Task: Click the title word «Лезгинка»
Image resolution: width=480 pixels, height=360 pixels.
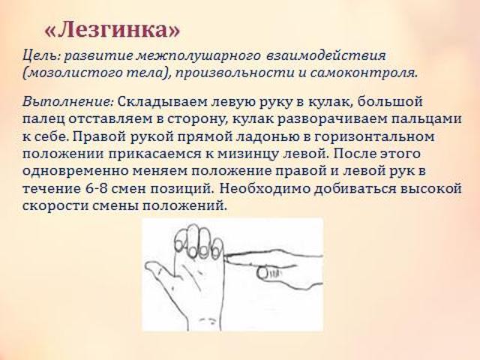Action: [112, 30]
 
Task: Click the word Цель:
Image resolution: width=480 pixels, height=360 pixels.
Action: [41, 56]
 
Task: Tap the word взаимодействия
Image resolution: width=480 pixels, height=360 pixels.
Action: [326, 55]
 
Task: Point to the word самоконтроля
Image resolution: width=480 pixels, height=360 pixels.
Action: [364, 73]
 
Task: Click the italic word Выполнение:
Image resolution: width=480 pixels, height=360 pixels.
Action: [68, 101]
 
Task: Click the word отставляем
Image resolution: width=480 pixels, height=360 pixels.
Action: [110, 119]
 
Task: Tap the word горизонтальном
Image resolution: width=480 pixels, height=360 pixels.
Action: [374, 136]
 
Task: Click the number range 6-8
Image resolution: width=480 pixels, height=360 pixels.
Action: [94, 188]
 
